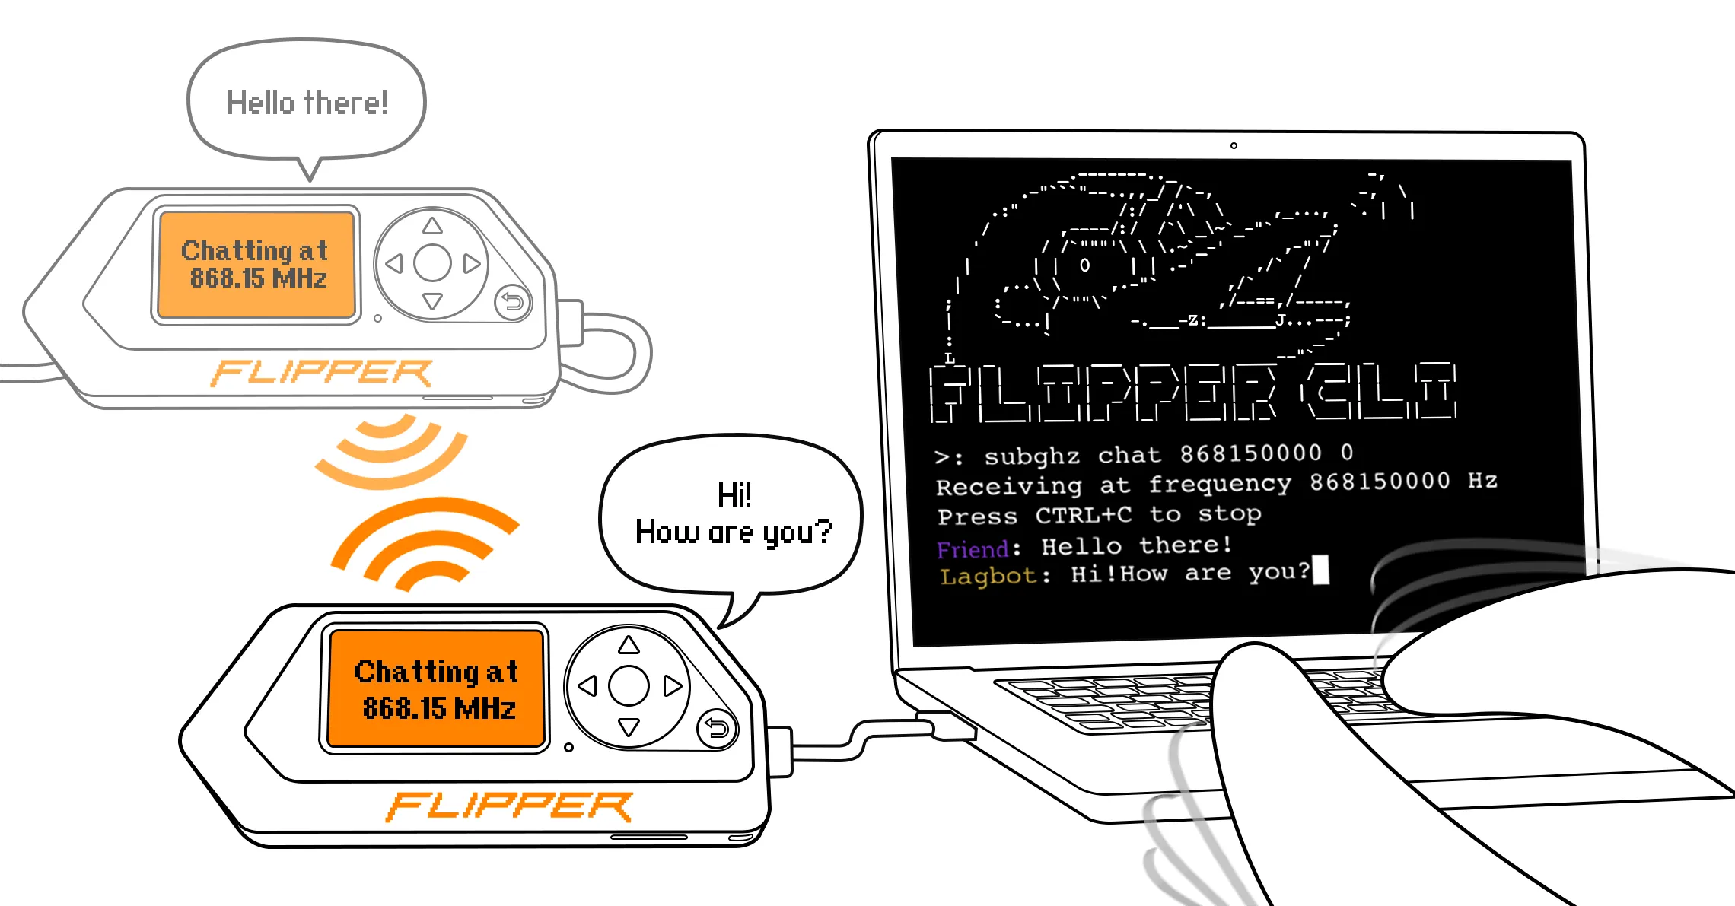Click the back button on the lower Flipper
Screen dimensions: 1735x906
click(717, 729)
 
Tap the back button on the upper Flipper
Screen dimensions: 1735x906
click(513, 302)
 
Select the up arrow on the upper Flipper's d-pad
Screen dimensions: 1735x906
click(433, 225)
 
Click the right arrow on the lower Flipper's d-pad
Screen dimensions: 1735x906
click(672, 686)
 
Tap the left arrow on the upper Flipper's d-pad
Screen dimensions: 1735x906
click(393, 264)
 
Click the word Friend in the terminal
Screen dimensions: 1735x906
click(973, 549)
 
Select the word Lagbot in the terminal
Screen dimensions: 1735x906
click(988, 576)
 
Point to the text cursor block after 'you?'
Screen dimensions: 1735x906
click(1321, 570)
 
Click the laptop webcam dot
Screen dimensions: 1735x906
click(1234, 145)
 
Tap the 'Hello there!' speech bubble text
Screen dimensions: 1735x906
click(307, 103)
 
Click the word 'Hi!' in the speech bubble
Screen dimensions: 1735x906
click(734, 495)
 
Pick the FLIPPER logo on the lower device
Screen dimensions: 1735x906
click(509, 806)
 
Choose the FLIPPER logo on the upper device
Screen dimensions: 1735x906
click(321, 373)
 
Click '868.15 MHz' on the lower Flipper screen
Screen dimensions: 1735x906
click(439, 708)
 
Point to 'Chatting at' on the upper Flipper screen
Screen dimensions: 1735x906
click(255, 251)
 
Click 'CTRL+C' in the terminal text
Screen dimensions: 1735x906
click(1084, 516)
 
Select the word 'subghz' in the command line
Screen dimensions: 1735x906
click(1032, 456)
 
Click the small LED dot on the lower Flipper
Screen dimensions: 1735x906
click(568, 748)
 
